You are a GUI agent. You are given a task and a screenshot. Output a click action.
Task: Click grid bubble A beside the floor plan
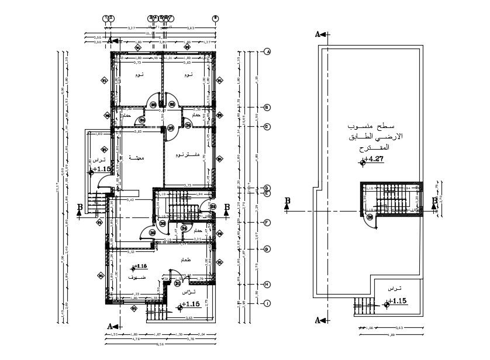(x=267, y=52)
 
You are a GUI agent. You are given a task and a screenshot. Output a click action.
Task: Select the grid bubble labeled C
(x=267, y=126)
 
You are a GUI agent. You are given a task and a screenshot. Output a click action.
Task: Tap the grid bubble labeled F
(x=267, y=223)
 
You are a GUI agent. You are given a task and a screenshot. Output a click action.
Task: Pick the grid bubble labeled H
(x=267, y=285)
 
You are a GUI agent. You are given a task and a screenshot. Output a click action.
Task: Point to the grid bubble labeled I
(x=267, y=303)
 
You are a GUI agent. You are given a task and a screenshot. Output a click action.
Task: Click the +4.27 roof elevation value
(x=374, y=159)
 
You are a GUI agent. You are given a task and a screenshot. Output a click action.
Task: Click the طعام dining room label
(x=186, y=259)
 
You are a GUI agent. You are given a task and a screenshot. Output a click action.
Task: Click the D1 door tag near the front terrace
(x=178, y=283)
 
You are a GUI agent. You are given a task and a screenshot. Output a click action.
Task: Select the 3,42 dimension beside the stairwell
(x=131, y=200)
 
